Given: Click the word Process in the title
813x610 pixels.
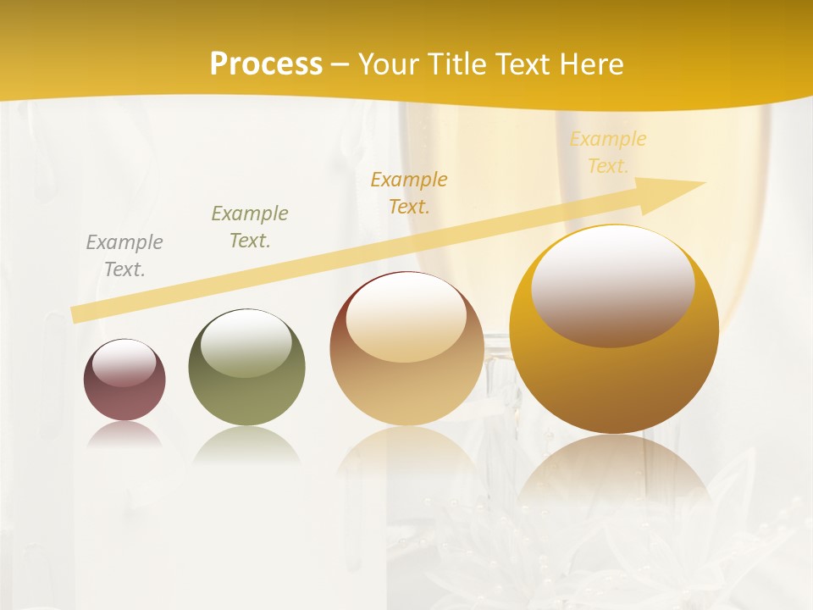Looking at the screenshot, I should (x=266, y=64).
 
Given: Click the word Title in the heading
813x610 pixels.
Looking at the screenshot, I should (x=457, y=64).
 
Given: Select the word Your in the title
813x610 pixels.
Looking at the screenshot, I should (x=390, y=64).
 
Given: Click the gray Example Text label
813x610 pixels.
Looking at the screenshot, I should (x=124, y=256).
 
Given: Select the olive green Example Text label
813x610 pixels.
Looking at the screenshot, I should (x=250, y=227).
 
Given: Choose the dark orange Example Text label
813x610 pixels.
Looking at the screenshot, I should (x=409, y=192).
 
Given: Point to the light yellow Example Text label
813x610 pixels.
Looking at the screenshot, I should (x=607, y=152).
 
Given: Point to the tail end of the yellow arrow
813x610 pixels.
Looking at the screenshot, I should (x=76, y=314).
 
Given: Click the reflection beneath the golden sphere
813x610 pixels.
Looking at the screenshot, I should (x=614, y=474).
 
